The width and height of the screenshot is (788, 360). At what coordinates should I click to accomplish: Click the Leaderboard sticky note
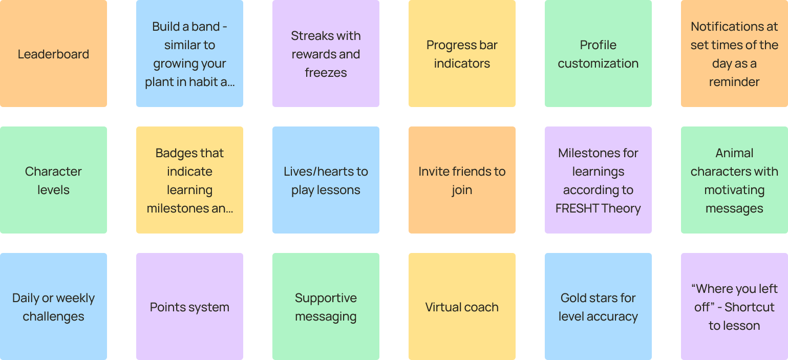[x=53, y=54]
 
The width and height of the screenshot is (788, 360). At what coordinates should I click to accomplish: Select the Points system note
[x=189, y=307]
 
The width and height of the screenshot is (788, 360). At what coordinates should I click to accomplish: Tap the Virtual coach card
[x=462, y=307]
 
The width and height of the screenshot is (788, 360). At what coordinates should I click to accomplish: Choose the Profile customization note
[x=598, y=54]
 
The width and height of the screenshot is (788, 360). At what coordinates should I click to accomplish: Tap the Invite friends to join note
[x=462, y=180]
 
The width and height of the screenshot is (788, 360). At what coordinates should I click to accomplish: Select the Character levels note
[x=53, y=180]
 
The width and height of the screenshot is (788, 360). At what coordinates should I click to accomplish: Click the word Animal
[x=734, y=153]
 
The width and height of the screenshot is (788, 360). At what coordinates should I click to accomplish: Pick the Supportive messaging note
[x=326, y=307]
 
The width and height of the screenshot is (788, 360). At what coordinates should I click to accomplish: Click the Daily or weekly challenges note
[x=53, y=307]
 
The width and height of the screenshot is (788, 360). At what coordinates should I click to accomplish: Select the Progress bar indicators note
[x=462, y=54]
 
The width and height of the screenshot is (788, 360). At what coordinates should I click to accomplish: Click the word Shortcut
[x=750, y=307]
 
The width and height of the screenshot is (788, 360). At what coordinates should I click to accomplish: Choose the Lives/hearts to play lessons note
[x=326, y=180]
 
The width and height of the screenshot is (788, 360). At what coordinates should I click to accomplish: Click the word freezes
[x=326, y=73]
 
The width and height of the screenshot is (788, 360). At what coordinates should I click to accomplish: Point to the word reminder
[x=734, y=82]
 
